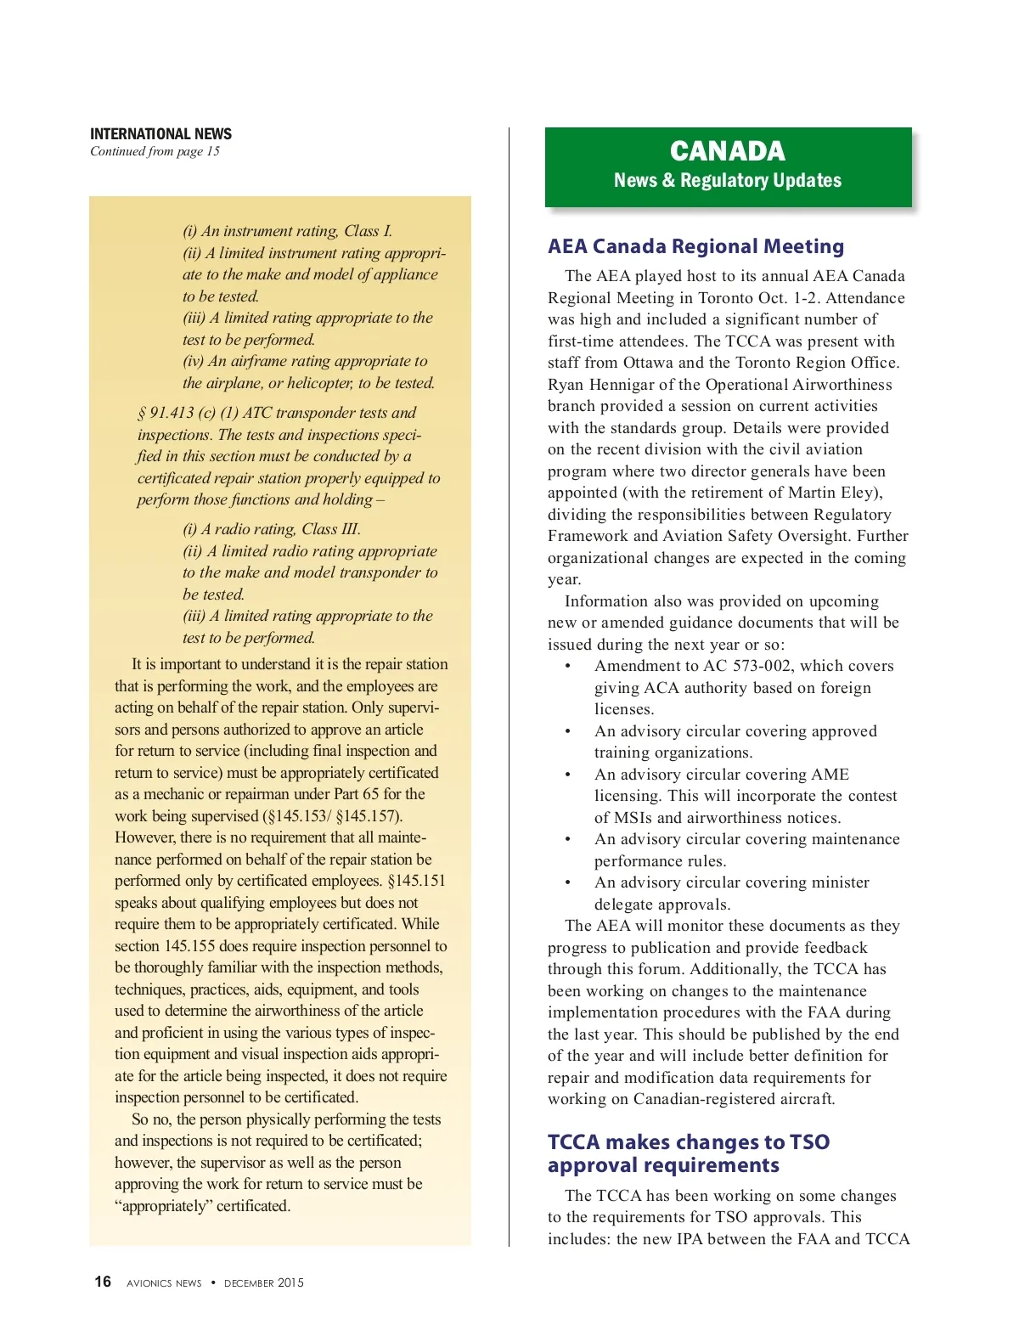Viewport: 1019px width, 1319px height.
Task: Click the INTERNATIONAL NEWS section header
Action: [x=160, y=134]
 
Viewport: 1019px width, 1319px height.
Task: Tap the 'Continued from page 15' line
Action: [x=155, y=151]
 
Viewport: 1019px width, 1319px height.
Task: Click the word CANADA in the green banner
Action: [x=728, y=151]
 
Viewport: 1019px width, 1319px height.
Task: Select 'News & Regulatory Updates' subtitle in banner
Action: [x=728, y=180]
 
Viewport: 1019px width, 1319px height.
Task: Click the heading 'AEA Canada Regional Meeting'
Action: [x=695, y=246]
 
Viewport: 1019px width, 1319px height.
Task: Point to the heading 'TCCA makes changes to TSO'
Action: [x=688, y=1142]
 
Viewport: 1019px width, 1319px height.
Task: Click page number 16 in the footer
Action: [x=103, y=1282]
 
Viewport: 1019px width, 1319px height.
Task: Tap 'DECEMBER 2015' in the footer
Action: [x=263, y=1283]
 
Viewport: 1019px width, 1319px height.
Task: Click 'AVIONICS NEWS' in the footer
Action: [x=164, y=1283]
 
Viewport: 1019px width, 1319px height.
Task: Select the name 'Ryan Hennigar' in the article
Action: [x=600, y=385]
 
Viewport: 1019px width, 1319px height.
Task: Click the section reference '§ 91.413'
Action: [x=166, y=413]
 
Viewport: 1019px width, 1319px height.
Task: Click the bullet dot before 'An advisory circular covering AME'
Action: [x=568, y=775]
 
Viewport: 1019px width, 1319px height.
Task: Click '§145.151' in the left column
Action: [x=416, y=881]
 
